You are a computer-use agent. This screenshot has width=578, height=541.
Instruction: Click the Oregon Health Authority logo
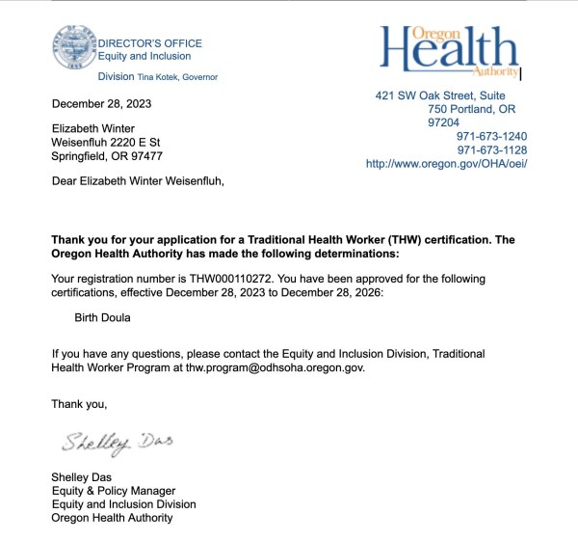pos(450,51)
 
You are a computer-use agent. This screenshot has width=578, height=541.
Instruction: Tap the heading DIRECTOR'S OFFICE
pos(150,43)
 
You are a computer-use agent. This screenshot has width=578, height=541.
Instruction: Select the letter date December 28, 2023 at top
pos(101,104)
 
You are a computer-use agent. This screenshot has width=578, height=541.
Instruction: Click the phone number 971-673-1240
pos(491,137)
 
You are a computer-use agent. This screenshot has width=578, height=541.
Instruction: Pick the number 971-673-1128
pos(491,150)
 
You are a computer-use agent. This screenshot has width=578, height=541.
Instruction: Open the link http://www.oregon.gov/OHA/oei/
pos(446,164)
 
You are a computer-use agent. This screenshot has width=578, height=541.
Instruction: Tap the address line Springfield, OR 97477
pos(107,156)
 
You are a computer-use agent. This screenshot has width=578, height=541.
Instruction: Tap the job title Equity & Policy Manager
pos(114,491)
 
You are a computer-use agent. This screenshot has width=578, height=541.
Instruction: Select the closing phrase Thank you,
pos(79,404)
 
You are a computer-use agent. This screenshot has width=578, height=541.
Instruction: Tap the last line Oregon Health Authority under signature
pos(112,518)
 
